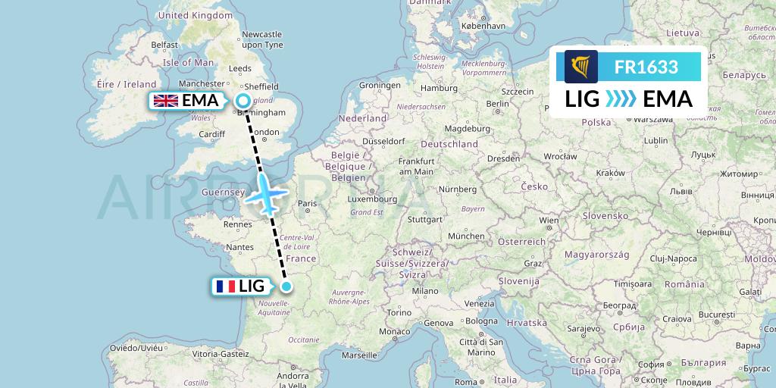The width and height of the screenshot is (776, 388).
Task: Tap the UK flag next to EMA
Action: coord(166,101)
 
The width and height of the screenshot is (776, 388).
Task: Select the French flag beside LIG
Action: coord(225,286)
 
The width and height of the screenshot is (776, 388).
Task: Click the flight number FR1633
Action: coord(646,67)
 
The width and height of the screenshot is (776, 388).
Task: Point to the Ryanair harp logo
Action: coord(581,67)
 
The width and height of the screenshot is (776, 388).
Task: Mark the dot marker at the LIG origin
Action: coord(286,286)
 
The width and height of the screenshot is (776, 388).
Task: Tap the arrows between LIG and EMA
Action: coord(621,99)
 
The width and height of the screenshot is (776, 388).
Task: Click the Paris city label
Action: coord(307,203)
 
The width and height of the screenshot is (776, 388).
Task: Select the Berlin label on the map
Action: coord(498,103)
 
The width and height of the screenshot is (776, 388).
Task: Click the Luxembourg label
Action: coord(372,199)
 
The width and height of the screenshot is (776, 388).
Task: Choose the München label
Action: coord(465,236)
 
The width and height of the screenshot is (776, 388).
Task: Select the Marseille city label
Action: coord(358,354)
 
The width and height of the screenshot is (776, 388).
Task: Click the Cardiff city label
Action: coord(211,134)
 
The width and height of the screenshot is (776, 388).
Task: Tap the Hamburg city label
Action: coord(438,88)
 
